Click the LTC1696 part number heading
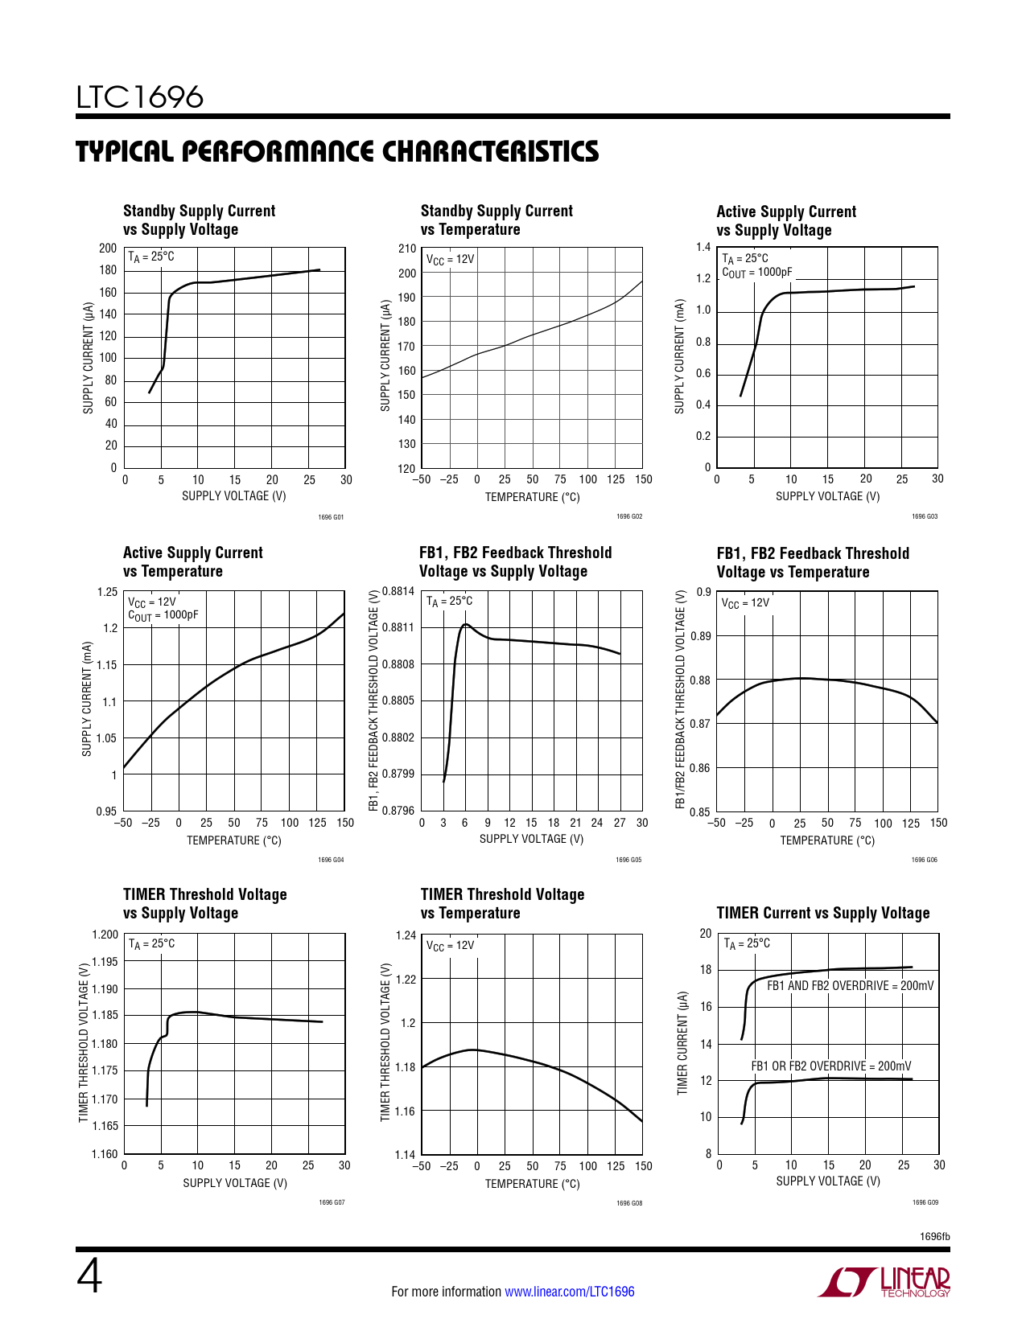point(140,97)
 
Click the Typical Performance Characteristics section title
point(337,151)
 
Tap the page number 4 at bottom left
point(89,1276)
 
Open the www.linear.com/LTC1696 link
point(569,1292)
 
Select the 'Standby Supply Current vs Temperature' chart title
point(497,220)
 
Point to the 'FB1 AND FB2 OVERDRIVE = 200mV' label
point(850,986)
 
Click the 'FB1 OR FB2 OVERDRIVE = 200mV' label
point(830,1066)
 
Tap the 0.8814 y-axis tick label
point(398,591)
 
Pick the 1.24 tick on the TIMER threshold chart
point(406,935)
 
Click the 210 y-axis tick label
point(407,249)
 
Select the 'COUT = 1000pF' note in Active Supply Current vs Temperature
point(163,616)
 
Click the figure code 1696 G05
point(628,861)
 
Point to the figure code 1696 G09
point(925,1203)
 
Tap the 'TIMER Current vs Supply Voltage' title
point(822,913)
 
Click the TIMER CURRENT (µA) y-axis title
point(682,1042)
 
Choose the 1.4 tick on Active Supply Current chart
point(703,248)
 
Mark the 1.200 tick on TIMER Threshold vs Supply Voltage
point(105,935)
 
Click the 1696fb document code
point(934,1236)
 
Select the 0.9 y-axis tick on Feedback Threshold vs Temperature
point(703,593)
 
